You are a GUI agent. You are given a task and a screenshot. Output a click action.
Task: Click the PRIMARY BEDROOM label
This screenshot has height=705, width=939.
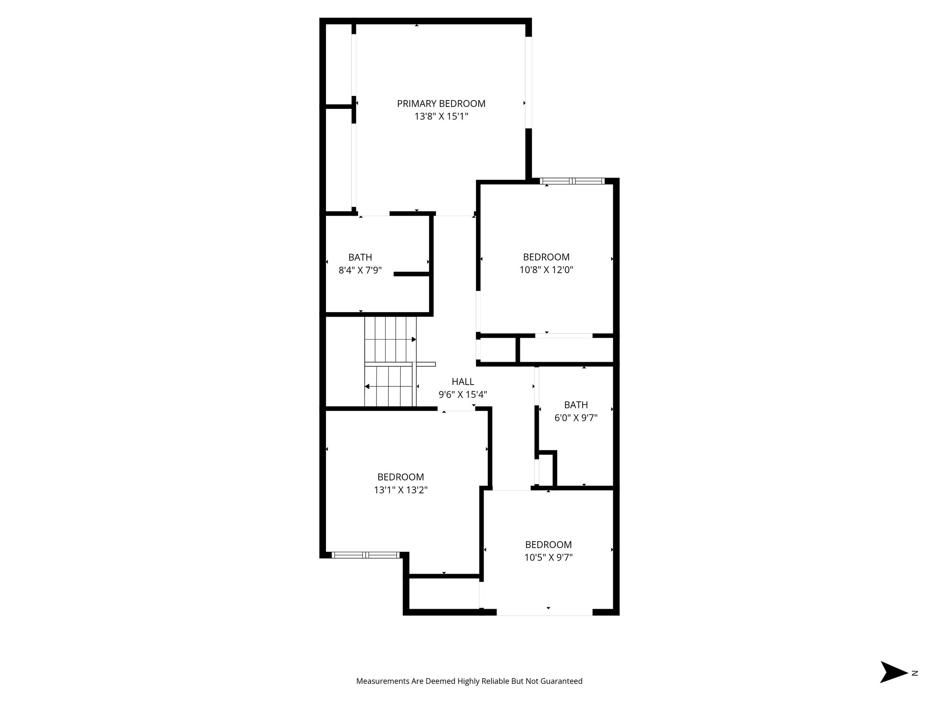tap(441, 104)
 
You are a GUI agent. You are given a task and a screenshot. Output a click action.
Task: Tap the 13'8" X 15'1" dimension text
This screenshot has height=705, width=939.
tap(441, 117)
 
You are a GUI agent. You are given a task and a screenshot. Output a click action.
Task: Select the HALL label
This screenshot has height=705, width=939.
tap(463, 381)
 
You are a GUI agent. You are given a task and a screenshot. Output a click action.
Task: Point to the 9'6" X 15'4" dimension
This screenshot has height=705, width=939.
tap(463, 394)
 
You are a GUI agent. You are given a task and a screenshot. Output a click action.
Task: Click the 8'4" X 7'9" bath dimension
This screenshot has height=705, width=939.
tap(360, 270)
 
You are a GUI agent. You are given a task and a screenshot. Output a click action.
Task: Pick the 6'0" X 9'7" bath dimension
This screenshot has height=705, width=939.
tap(576, 418)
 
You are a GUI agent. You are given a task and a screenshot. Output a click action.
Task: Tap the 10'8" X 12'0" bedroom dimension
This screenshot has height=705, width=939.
tap(546, 270)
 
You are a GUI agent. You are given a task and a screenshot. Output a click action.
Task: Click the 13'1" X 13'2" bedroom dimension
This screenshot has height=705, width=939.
tap(401, 490)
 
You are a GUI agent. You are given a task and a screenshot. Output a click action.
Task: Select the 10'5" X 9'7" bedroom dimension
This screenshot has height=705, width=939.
tap(548, 558)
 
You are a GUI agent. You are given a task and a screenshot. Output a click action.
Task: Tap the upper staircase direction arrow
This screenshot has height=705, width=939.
tap(414, 340)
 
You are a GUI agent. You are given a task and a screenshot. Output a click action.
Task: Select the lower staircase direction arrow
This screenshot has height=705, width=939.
tap(367, 387)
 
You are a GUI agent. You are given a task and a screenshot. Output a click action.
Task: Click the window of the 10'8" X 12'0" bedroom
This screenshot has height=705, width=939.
tap(572, 181)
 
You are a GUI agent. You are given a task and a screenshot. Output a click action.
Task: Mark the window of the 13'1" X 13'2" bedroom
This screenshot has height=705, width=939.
tap(365, 555)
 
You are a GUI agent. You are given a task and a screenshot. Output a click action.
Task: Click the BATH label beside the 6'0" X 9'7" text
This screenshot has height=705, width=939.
tap(576, 405)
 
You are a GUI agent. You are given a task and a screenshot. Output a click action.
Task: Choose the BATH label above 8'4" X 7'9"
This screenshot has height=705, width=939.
tap(360, 257)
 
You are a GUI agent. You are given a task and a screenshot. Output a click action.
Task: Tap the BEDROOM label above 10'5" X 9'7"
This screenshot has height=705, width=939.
tap(548, 545)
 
